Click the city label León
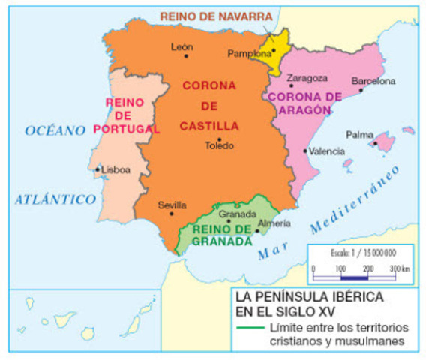182,46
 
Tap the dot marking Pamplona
274,51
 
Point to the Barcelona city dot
361,89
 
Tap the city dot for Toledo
219,139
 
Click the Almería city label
270,223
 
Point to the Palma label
359,135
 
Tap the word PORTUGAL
127,128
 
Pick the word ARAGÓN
306,109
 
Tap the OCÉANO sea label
55,130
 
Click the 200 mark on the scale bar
367,268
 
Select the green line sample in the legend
247,328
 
